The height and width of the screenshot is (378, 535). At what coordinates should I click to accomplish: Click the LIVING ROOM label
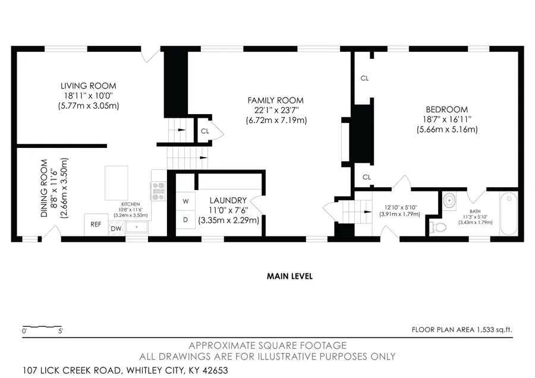click(x=91, y=86)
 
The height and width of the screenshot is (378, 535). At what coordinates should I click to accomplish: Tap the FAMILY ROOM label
click(x=276, y=100)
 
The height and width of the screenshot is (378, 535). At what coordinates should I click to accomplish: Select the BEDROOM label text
click(x=446, y=109)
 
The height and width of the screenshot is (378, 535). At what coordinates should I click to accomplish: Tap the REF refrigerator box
click(x=96, y=225)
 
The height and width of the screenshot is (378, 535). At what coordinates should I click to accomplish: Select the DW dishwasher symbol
click(x=116, y=228)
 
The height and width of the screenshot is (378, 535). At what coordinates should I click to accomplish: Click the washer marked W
click(x=185, y=200)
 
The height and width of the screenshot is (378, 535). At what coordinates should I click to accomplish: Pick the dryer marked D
click(x=185, y=220)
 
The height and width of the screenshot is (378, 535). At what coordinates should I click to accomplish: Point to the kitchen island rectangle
click(x=115, y=184)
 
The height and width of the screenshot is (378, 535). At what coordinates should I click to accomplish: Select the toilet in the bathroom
click(x=438, y=226)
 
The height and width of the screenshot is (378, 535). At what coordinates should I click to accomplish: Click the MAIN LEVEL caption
click(x=289, y=276)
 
